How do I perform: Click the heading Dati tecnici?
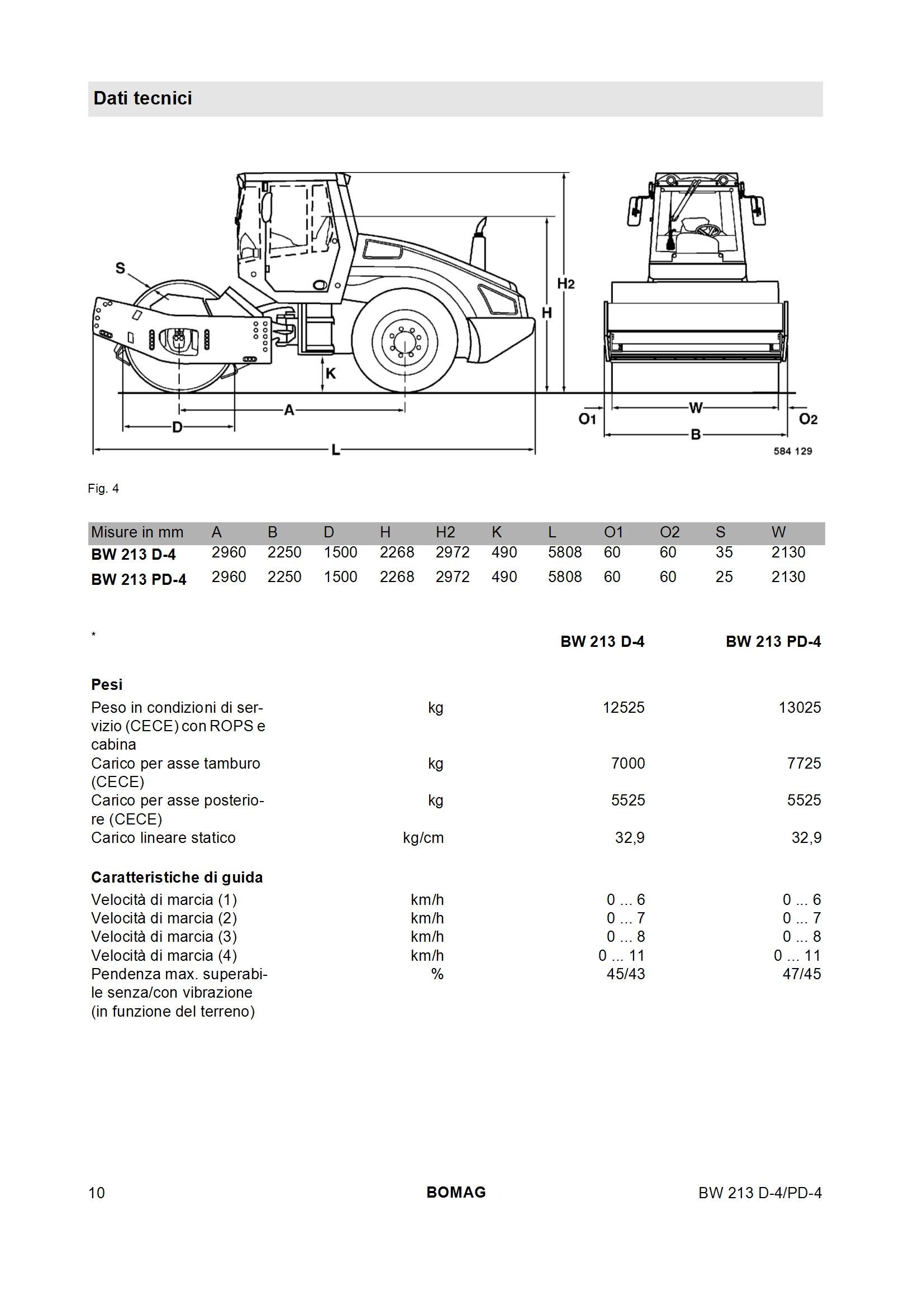tap(143, 98)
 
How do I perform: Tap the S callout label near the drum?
tap(120, 268)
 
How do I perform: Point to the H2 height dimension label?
tap(566, 283)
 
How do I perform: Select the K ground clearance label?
tap(331, 373)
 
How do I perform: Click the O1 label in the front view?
tap(587, 419)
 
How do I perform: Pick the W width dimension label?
tap(696, 407)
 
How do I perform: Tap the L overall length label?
tap(336, 450)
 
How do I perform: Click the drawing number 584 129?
tap(793, 451)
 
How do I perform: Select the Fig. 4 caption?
tap(103, 489)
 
